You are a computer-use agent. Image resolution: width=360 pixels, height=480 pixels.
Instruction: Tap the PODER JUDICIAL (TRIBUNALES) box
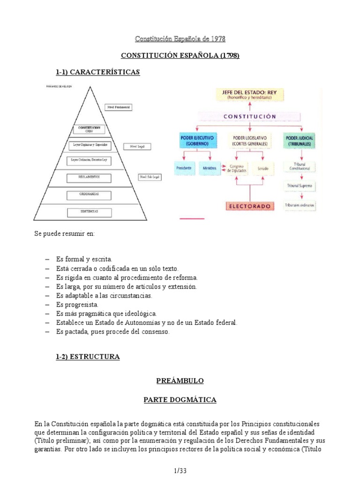click(x=299, y=141)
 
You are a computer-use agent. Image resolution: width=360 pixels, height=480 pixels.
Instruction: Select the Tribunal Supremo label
click(x=299, y=186)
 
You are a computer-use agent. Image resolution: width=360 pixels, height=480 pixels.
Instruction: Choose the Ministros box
click(x=209, y=168)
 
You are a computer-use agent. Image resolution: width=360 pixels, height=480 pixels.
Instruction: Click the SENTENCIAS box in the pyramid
click(x=89, y=212)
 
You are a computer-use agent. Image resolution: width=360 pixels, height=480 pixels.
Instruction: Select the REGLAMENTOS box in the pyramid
click(x=89, y=177)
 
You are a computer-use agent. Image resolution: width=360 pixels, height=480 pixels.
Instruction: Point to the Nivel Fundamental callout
click(x=119, y=107)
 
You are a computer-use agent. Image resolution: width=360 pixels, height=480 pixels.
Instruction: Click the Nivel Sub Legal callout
click(x=149, y=177)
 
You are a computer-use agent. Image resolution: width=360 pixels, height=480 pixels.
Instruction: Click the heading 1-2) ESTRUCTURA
click(x=88, y=357)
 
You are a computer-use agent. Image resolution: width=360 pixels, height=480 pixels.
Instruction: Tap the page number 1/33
click(x=180, y=470)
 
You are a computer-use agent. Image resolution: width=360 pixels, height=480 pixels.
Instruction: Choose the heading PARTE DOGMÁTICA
click(x=180, y=400)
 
